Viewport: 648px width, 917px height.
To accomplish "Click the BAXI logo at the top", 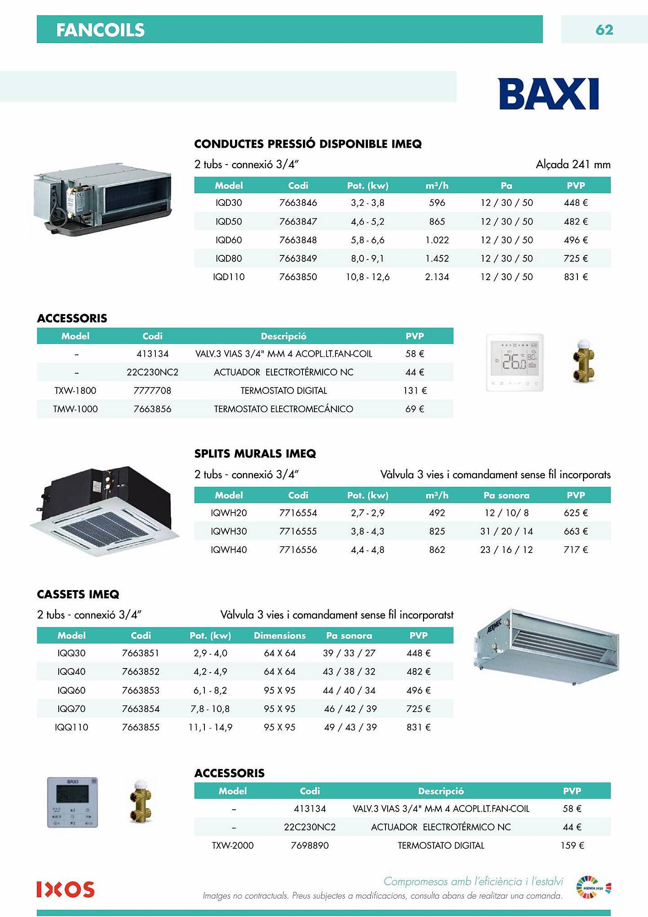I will point(548,94).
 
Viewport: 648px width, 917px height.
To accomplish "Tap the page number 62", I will point(604,30).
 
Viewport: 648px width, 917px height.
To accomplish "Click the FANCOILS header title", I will point(100,30).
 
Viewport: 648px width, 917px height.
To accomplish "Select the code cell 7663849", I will point(298,259).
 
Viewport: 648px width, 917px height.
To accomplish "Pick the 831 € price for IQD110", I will point(576,277).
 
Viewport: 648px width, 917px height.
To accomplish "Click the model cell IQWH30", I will point(229,531).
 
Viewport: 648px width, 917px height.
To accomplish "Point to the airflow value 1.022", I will point(437,240).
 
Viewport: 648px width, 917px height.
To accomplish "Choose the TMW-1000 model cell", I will point(75,409).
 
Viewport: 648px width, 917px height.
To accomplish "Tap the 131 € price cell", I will point(415,391).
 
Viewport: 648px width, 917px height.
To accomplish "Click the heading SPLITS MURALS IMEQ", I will point(255,454).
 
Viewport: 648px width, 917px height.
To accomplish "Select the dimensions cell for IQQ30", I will point(280,653).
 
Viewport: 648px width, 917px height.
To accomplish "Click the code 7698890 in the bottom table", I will point(310,845).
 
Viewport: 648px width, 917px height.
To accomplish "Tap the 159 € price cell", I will point(572,845).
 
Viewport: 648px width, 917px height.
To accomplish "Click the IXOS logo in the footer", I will point(66,889).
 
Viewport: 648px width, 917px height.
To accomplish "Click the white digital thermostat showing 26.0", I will point(515,363).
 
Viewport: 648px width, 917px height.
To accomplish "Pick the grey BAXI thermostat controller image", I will point(72,802).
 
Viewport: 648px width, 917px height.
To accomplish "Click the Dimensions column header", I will point(280,635).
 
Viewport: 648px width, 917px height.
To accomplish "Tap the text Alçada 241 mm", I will point(573,164).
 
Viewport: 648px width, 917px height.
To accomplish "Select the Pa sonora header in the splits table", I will point(506,495).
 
